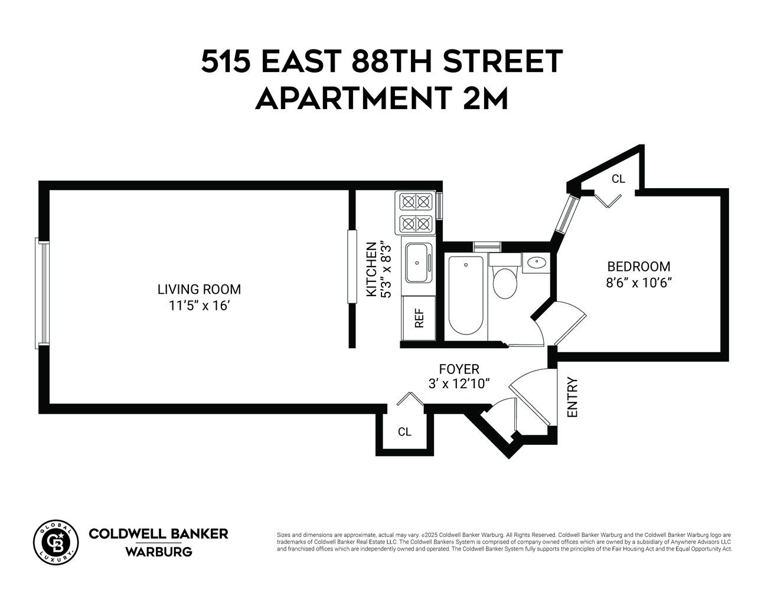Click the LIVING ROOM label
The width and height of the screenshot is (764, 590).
(x=199, y=290)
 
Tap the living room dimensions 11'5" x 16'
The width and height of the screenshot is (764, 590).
(x=199, y=306)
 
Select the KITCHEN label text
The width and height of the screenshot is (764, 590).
(x=371, y=269)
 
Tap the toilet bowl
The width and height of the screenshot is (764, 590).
(x=505, y=282)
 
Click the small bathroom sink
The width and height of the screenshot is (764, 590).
(x=536, y=262)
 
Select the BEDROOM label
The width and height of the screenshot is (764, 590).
(x=639, y=267)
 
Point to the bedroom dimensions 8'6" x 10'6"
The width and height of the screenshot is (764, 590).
(x=639, y=283)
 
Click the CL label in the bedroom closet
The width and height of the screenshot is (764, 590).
(x=618, y=179)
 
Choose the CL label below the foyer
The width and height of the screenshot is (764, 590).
(x=404, y=432)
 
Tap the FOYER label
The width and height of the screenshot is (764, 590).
(x=459, y=369)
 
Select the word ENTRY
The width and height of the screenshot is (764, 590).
(x=572, y=398)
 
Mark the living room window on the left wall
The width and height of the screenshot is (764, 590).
(x=43, y=293)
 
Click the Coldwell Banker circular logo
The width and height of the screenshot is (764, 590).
(x=55, y=542)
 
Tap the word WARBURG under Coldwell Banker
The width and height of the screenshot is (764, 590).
(x=158, y=552)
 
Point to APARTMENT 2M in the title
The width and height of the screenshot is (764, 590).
(x=381, y=99)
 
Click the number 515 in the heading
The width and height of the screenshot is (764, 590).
(x=224, y=61)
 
